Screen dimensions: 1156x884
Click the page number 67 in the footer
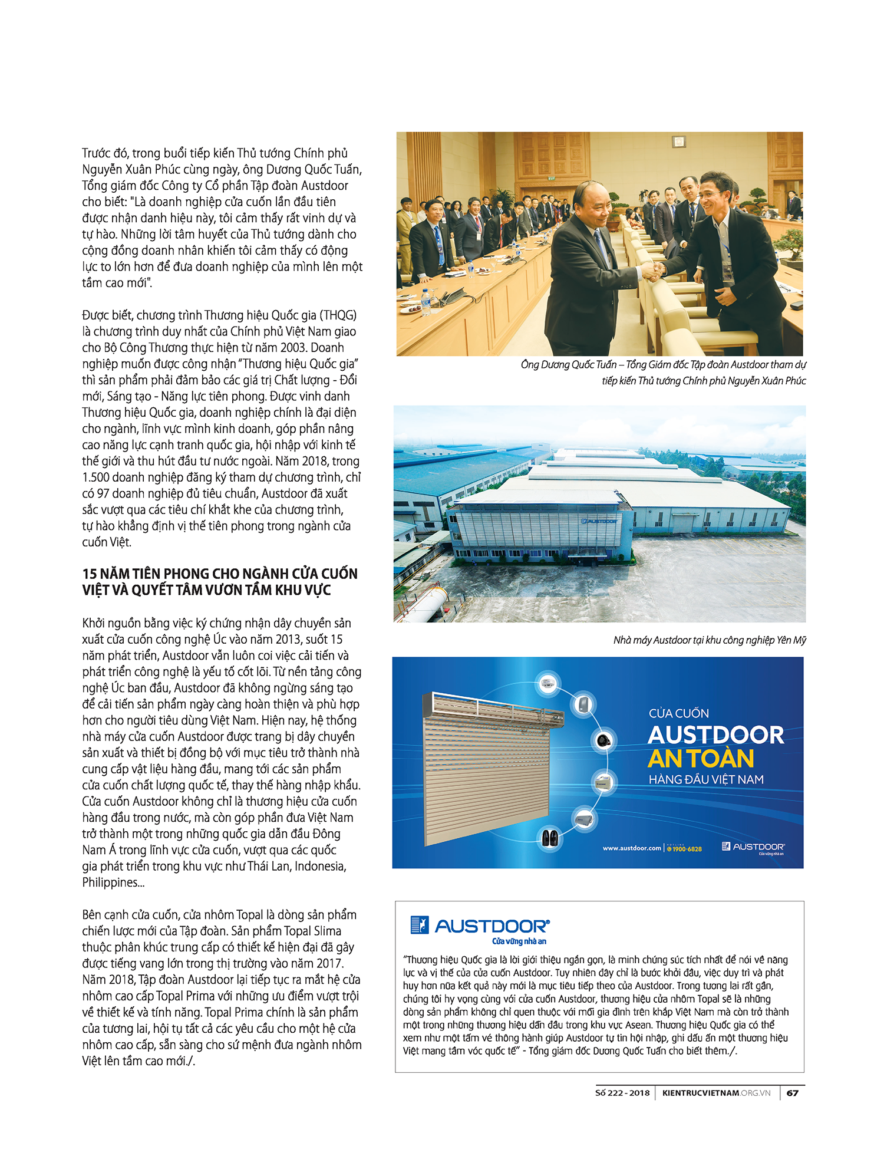pos(793,1092)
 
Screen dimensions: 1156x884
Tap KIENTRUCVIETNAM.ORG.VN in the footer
pos(716,1092)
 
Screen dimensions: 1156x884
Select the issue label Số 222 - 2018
pos(622,1092)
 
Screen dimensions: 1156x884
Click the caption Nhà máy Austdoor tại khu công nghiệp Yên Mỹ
pos(709,640)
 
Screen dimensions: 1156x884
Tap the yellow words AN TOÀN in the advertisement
pos(701,758)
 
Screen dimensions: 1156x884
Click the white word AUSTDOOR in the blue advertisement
pos(715,735)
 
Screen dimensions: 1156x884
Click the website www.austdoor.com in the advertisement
pos(631,848)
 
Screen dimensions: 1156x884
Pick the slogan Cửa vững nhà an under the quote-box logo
pos(519,941)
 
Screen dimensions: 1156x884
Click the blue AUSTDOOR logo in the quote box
pos(480,926)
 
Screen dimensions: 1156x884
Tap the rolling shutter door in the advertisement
pos(486,766)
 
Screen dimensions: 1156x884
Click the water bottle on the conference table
pos(425,300)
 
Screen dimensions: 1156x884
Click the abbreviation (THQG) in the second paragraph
pos(338,315)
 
